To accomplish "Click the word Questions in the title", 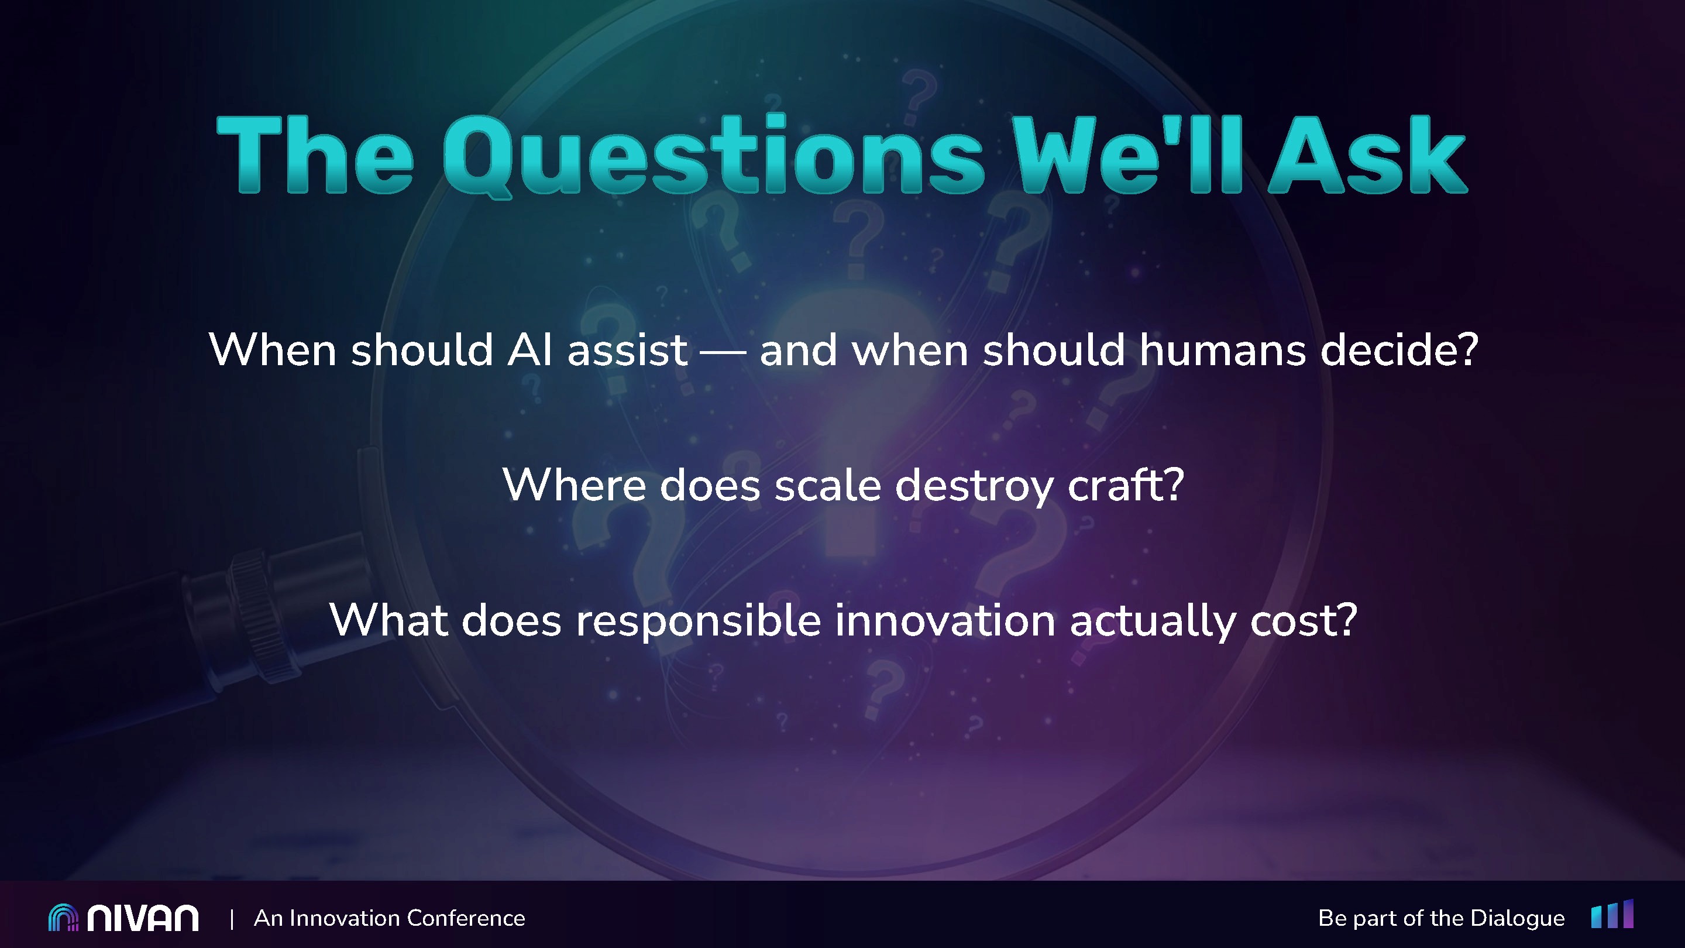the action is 713,156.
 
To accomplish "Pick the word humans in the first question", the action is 1222,349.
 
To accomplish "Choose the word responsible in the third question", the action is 698,621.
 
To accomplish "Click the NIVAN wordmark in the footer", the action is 143,919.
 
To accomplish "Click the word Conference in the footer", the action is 466,918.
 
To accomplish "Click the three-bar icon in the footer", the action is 1612,913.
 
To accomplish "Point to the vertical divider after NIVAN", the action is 232,919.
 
